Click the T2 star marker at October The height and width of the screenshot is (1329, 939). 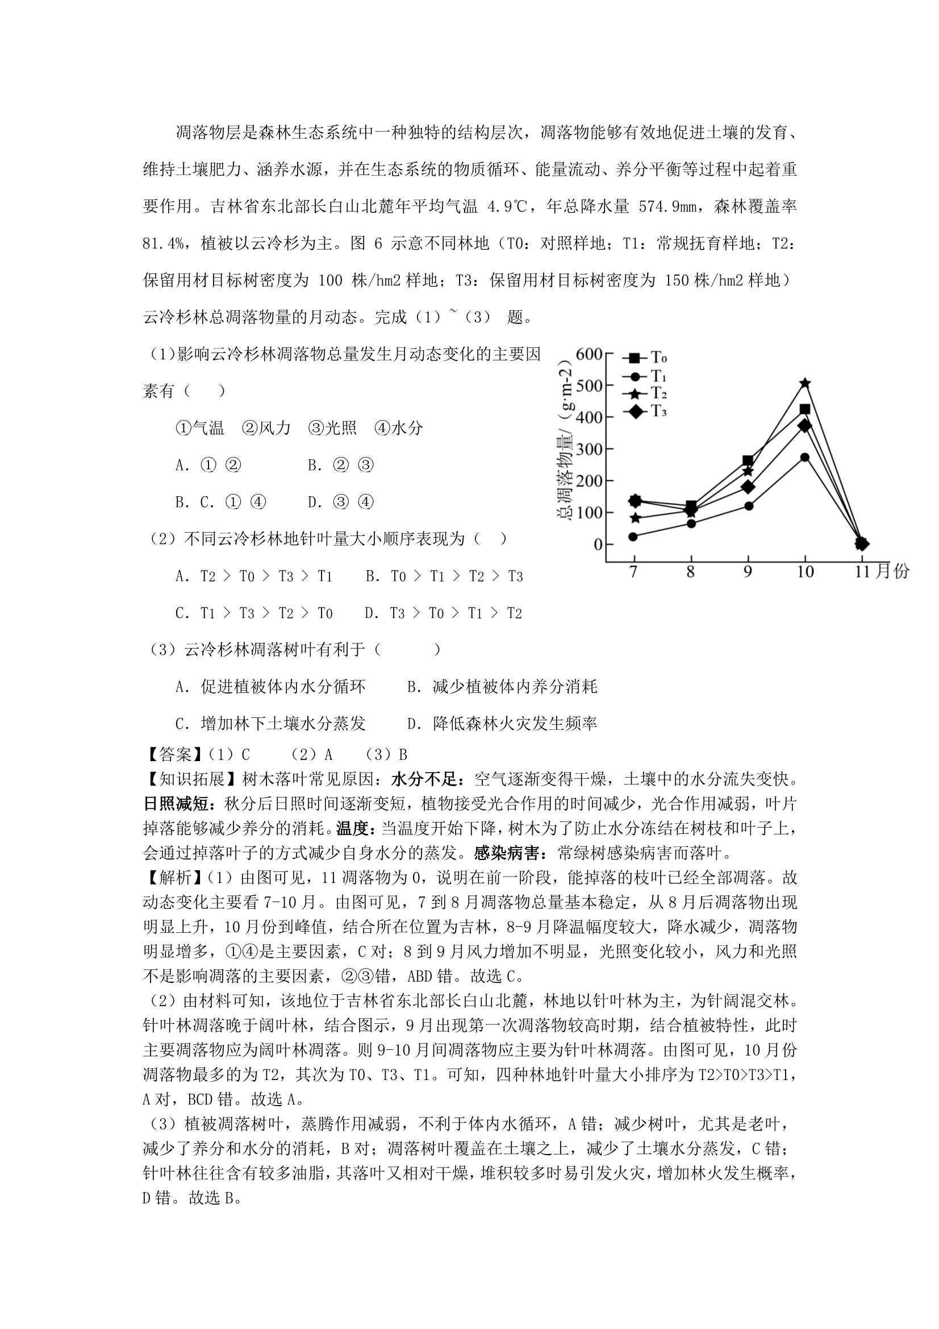point(805,383)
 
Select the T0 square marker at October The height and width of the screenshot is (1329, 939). point(805,409)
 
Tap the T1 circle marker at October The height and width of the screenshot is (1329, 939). point(805,457)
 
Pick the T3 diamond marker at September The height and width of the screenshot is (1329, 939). point(748,487)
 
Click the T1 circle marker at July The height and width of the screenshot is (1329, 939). point(633,537)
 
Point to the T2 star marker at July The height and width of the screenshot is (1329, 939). point(635,518)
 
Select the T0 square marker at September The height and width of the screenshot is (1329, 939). point(748,461)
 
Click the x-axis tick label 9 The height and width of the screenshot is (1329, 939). point(748,572)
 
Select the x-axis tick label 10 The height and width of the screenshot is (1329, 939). point(805,572)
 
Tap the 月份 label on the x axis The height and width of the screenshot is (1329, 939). point(894,572)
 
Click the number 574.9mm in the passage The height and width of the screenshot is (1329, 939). point(670,207)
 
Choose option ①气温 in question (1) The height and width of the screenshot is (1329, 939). point(199,429)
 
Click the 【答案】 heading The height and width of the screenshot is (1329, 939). point(168,755)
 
